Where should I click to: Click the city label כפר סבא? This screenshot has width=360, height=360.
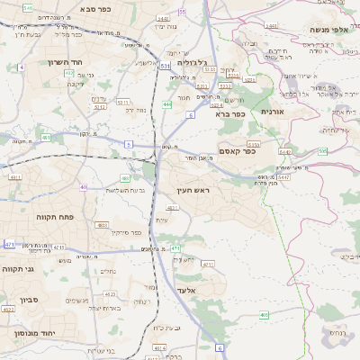pos(95,8)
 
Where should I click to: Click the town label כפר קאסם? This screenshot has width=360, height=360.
pos(238,152)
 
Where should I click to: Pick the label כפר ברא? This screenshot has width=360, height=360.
pos(231,114)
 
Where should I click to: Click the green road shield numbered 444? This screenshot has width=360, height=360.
pos(166,104)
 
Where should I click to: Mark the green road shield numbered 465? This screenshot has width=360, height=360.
pos(264,314)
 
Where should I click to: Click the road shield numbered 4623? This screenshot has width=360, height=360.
pos(8,309)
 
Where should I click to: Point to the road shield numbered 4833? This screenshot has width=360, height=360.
pos(103,225)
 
